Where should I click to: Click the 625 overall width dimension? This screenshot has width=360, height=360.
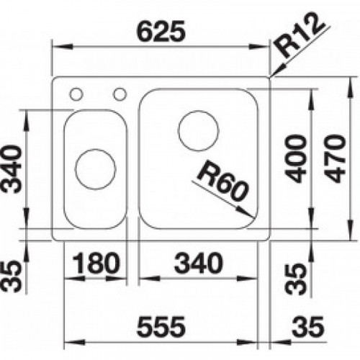(161, 31)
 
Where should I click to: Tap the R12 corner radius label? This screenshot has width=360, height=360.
(300, 36)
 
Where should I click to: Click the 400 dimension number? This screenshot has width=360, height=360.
(297, 158)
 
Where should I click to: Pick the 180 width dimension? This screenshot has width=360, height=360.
(96, 263)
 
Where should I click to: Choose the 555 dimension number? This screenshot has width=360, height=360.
(161, 327)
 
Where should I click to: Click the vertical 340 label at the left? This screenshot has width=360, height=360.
(12, 169)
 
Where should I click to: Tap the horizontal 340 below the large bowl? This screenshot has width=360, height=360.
(199, 263)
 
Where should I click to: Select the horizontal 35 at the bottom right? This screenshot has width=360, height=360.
(308, 327)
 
